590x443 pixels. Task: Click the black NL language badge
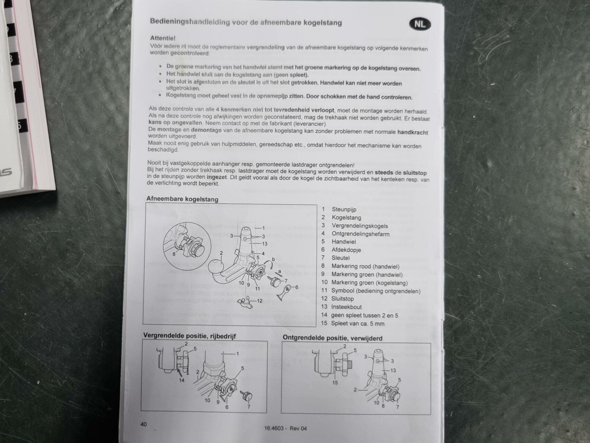tap(420, 24)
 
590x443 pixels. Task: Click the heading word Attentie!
tap(163, 38)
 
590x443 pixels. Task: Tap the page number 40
tap(144, 424)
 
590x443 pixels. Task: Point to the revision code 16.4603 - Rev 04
tap(285, 428)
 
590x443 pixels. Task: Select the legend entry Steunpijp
tap(344, 209)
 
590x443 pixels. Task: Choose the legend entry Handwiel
tap(343, 242)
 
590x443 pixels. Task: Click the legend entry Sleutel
tap(340, 258)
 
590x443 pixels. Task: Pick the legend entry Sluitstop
tap(342, 299)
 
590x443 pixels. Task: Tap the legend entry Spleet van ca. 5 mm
tap(358, 324)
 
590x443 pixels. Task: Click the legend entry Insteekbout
tap(346, 307)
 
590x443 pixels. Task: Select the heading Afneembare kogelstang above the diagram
tap(182, 199)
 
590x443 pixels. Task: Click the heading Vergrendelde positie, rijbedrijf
tap(190, 336)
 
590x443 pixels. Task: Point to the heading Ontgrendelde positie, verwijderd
tap(333, 338)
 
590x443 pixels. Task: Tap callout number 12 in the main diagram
tap(259, 301)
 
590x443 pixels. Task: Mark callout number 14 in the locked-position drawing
tap(182, 380)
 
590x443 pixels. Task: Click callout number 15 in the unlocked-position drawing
tap(335, 382)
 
